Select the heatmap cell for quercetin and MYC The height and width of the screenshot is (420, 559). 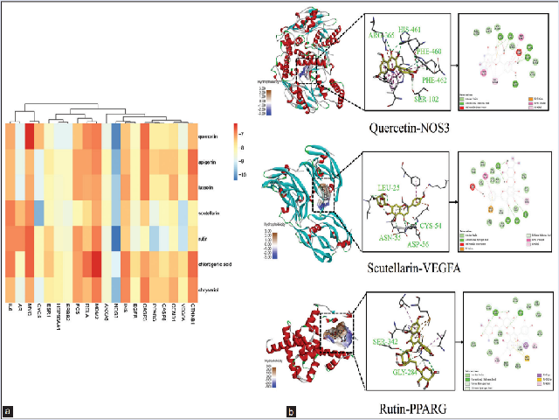30,136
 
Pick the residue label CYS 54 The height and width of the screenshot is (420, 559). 431,202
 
